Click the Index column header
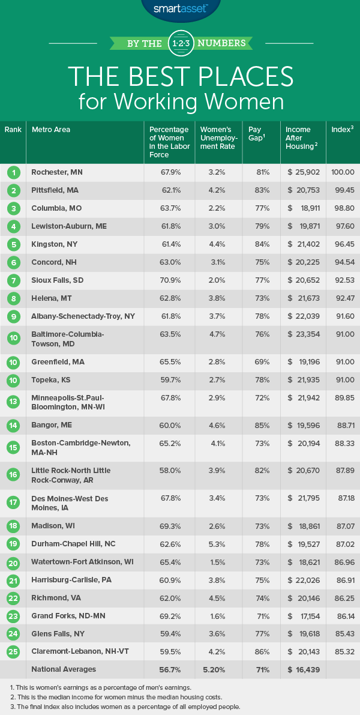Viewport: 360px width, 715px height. pyautogui.click(x=342, y=130)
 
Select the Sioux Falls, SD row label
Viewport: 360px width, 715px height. pyautogui.click(x=58, y=280)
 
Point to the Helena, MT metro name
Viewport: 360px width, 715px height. pyautogui.click(x=52, y=298)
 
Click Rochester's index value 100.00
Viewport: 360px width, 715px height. pyautogui.click(x=343, y=172)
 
